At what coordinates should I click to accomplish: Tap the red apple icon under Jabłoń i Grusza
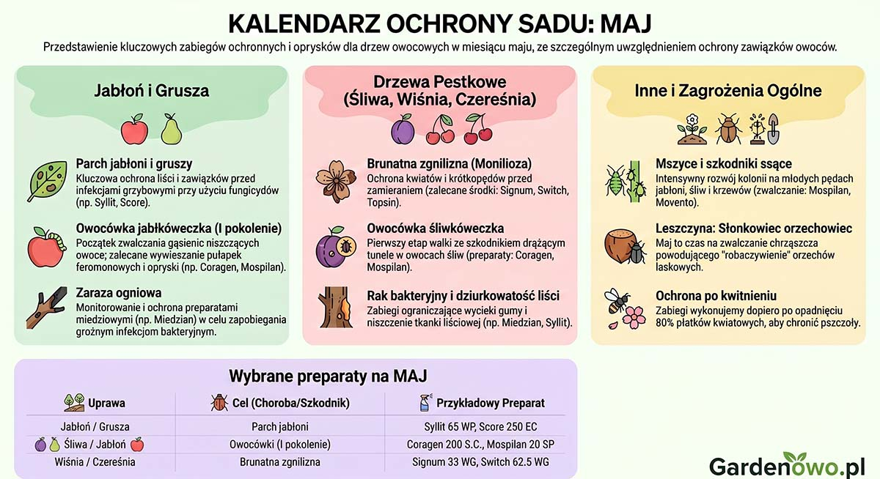[x=134, y=129]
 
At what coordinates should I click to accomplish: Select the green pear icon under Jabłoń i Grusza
[x=170, y=129]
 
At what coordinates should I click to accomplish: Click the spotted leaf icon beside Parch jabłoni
[x=46, y=181]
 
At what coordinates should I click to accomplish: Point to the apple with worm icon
[x=48, y=246]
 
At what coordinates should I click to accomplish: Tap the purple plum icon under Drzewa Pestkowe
[x=402, y=130]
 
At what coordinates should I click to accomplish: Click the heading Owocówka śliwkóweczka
[x=435, y=229]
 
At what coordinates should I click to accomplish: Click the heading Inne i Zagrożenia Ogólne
[x=727, y=91]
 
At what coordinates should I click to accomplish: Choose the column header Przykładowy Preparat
[x=491, y=403]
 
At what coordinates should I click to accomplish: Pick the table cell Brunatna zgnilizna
[x=279, y=462]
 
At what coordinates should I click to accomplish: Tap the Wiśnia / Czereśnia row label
[x=95, y=462]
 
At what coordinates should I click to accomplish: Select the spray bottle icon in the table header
[x=425, y=402]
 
